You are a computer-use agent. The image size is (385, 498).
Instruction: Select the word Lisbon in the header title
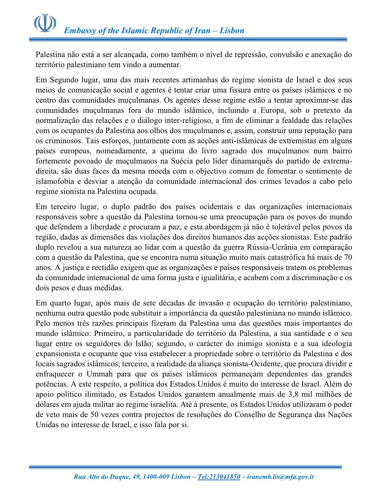(x=232, y=30)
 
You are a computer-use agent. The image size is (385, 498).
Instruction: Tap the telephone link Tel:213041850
(x=219, y=477)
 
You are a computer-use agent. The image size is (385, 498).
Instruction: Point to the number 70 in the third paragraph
(x=348, y=257)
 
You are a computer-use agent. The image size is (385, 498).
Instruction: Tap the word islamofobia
(x=53, y=181)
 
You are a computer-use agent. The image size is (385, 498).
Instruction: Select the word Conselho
(x=251, y=415)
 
